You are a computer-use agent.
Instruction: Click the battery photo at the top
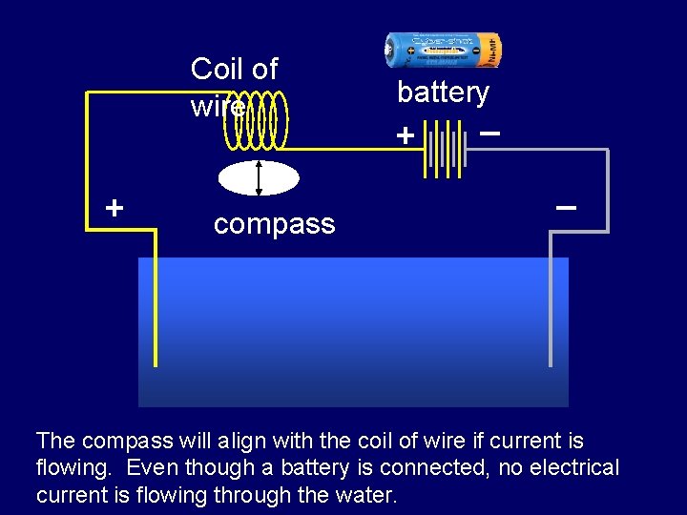(x=442, y=49)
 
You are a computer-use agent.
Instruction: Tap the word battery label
(x=443, y=93)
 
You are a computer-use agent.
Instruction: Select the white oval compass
(x=259, y=178)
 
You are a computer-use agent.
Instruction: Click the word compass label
(x=274, y=224)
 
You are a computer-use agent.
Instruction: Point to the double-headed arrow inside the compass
(x=259, y=178)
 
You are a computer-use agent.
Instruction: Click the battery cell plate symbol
(x=444, y=148)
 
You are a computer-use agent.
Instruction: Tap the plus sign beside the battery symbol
(x=406, y=136)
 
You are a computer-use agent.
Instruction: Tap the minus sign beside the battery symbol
(x=489, y=133)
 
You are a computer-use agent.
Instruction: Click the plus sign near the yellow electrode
(x=114, y=207)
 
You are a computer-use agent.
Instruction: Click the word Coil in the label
(x=217, y=69)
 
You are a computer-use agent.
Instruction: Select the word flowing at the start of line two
(x=73, y=468)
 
